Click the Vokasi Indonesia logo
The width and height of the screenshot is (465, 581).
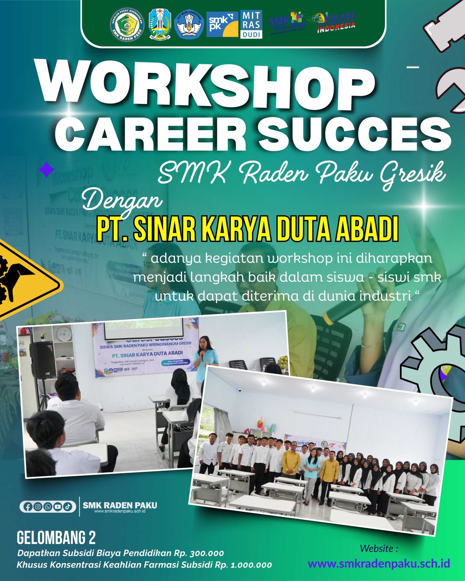[335, 23]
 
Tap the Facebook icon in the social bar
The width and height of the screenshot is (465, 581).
[28, 507]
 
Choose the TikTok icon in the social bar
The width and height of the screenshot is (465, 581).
[68, 507]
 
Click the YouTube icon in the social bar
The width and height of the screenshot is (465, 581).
[58, 507]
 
